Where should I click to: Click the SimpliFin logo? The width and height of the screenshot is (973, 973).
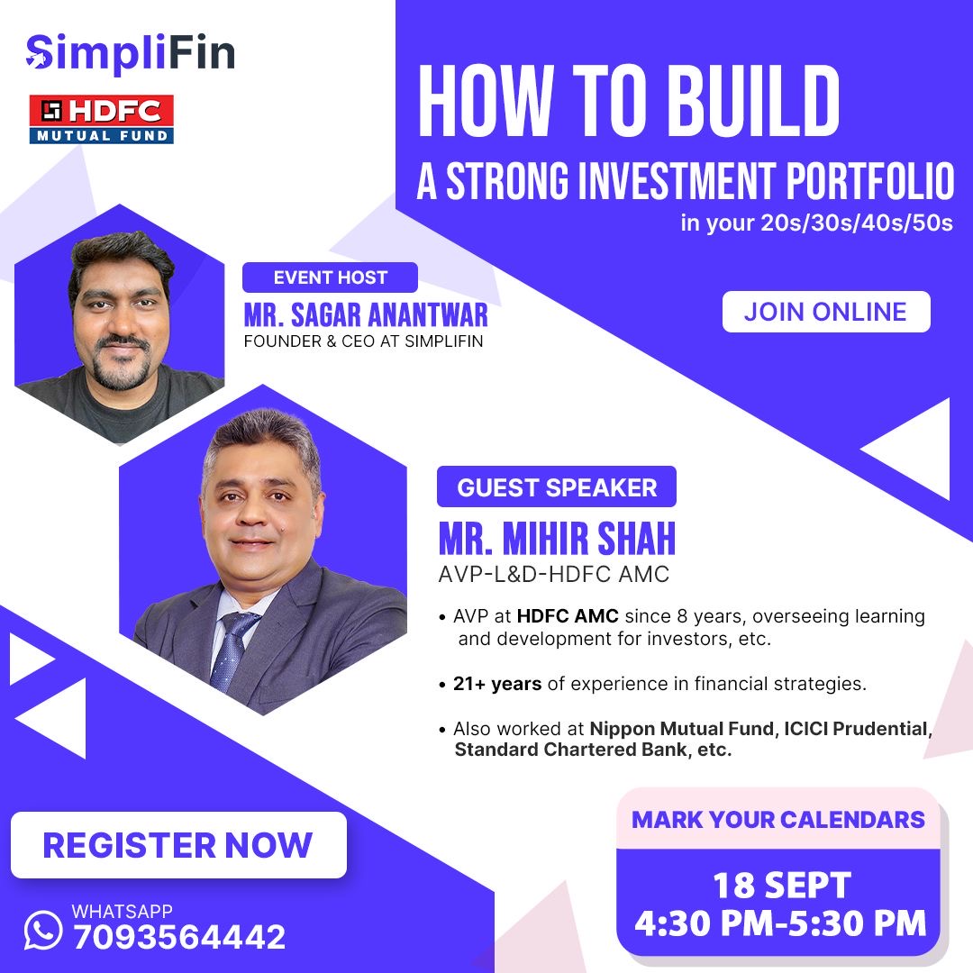point(131,53)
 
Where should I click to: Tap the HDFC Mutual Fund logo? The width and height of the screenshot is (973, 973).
point(101,119)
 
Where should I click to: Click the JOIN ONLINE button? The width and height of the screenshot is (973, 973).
point(826,312)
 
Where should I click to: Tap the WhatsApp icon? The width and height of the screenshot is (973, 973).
point(43,930)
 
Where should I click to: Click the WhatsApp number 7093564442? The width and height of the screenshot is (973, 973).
point(179,936)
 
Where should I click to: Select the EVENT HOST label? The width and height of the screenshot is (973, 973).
point(330,277)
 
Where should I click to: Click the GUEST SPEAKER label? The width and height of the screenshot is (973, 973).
point(557,487)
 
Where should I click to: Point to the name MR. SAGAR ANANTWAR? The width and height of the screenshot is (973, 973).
point(366,314)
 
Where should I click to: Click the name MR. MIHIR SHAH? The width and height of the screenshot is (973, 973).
point(557,538)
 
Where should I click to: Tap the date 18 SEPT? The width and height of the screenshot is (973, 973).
point(782,886)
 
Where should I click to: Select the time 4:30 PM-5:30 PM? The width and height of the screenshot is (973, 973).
point(780,923)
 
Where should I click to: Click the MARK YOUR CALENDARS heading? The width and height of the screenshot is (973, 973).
point(778,820)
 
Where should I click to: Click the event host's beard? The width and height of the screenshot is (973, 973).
point(122,366)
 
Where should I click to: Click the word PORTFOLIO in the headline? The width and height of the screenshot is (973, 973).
point(870,181)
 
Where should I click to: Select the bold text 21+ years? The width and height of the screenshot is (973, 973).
point(497,684)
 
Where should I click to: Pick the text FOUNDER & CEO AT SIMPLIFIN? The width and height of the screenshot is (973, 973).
point(363,341)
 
